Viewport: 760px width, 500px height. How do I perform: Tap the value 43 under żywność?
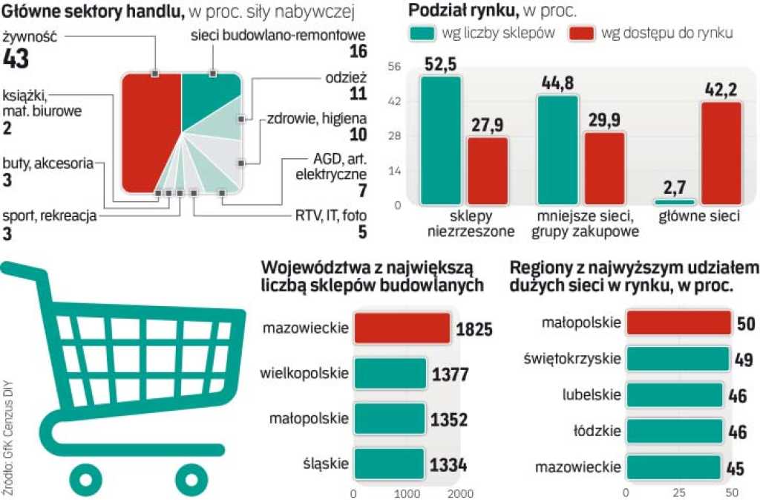tap(16, 59)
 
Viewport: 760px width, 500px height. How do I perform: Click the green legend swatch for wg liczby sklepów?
tap(424, 33)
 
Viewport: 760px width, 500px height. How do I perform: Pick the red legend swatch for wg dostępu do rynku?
tap(581, 33)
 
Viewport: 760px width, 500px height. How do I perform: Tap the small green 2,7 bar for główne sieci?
tap(675, 201)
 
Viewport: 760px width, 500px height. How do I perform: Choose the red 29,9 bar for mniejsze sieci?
tap(603, 167)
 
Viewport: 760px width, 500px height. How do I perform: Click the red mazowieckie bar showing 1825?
tap(402, 328)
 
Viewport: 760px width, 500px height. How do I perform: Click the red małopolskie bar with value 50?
tap(679, 323)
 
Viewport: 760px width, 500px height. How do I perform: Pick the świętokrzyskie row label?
tap(573, 358)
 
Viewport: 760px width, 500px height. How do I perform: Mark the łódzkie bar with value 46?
tap(674, 431)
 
